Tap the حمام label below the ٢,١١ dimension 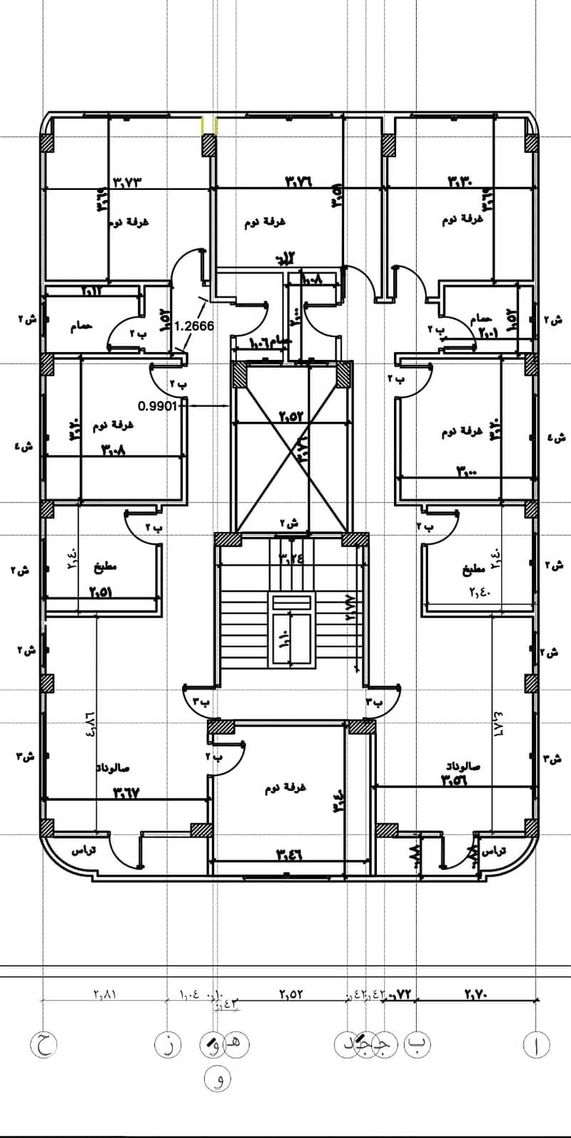(x=82, y=326)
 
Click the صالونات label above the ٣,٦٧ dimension (x=113, y=769)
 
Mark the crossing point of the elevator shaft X (x=293, y=446)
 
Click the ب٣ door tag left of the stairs (x=199, y=701)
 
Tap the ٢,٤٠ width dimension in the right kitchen (x=482, y=590)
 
